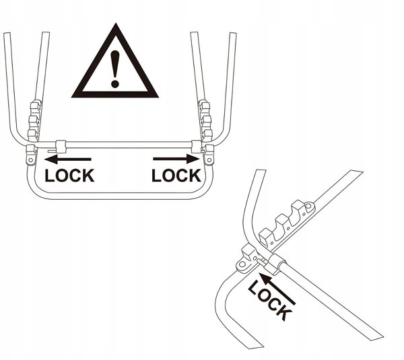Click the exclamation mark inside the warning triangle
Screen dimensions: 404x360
click(115, 69)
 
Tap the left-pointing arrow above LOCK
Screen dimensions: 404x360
click(68, 159)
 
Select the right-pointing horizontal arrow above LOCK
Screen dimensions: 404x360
click(176, 159)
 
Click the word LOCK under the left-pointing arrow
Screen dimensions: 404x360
click(69, 176)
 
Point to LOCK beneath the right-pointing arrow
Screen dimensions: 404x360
click(176, 176)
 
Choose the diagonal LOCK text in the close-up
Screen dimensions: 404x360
click(270, 300)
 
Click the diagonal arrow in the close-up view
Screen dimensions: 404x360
click(277, 289)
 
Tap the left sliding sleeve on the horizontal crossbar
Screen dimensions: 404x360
click(61, 147)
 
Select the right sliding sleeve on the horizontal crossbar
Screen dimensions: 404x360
click(196, 147)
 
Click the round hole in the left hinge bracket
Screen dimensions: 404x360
click(31, 160)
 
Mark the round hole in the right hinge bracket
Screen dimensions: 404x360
click(209, 160)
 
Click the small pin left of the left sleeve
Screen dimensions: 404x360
click(52, 151)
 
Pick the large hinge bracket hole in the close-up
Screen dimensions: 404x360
click(242, 264)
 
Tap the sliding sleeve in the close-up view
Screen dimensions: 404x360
click(276, 264)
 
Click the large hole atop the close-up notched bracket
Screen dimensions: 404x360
click(308, 206)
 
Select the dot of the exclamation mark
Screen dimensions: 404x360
click(115, 84)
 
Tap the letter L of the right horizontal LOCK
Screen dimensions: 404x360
click(156, 176)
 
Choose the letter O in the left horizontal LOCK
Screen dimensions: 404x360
click(61, 176)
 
